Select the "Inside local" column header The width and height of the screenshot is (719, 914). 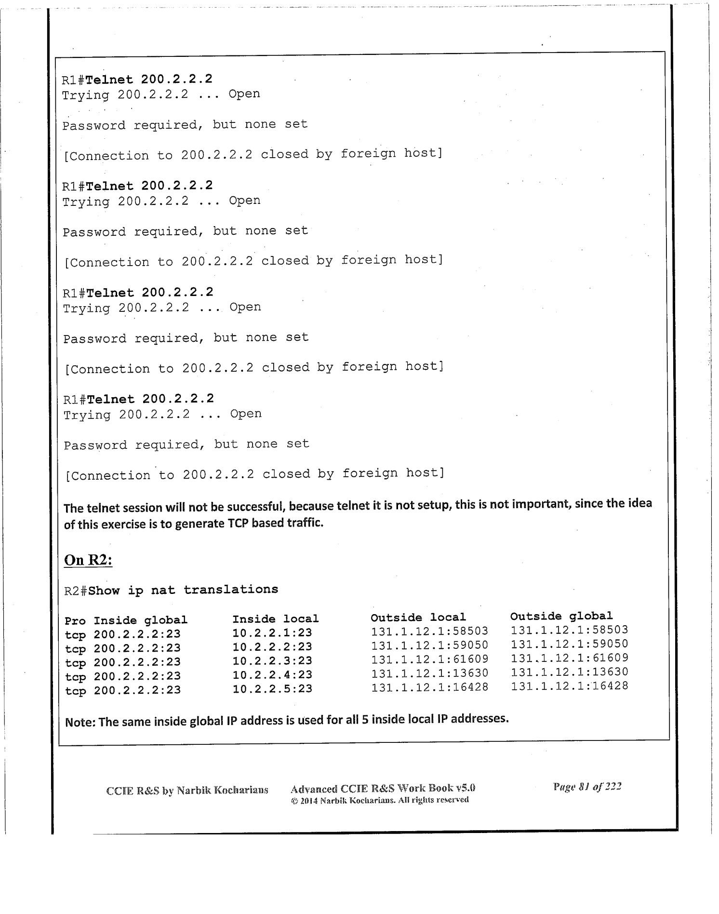(x=276, y=619)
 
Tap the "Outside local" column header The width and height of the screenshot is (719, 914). (x=418, y=618)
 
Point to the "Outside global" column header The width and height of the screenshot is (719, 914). (x=561, y=616)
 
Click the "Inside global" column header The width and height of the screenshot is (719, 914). (x=140, y=620)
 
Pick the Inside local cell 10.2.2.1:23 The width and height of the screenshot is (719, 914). (x=272, y=633)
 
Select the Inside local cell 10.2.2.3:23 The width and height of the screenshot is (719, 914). (x=272, y=661)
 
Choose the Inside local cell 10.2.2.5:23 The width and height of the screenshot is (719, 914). (x=272, y=689)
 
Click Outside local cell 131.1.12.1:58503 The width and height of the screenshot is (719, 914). (x=429, y=631)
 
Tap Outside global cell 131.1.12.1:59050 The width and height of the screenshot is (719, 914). (x=570, y=644)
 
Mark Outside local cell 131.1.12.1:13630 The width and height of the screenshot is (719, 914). (x=429, y=673)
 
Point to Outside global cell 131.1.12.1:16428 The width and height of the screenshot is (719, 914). (x=570, y=686)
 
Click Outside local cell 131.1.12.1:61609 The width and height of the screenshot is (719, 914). (x=429, y=659)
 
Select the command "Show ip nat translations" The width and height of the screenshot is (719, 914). (x=183, y=590)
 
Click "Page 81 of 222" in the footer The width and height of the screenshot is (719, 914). (x=587, y=787)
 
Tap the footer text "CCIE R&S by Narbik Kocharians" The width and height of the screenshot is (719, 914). (x=187, y=791)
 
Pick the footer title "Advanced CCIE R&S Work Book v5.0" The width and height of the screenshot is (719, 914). (x=383, y=789)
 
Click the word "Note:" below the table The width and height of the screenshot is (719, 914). (x=80, y=722)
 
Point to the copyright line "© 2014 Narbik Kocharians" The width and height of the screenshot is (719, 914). (x=380, y=800)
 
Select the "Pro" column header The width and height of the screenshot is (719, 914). (x=75, y=621)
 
